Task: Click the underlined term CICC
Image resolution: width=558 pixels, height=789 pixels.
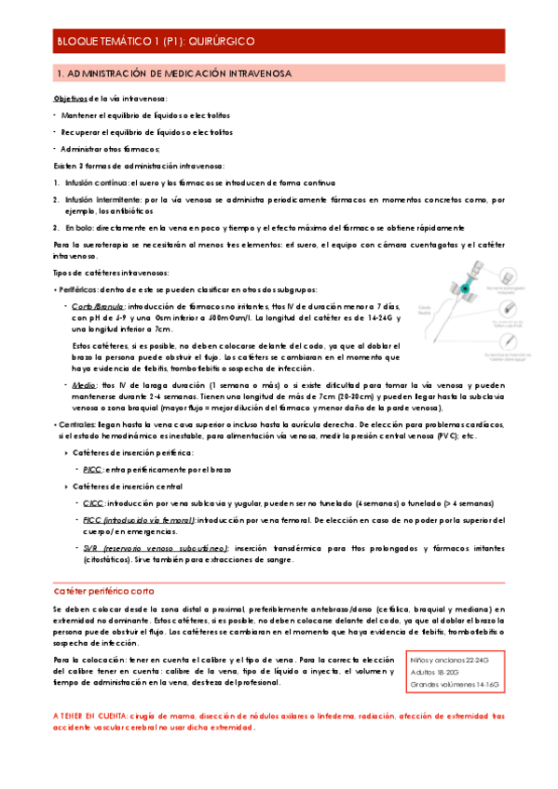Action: pyautogui.click(x=93, y=502)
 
